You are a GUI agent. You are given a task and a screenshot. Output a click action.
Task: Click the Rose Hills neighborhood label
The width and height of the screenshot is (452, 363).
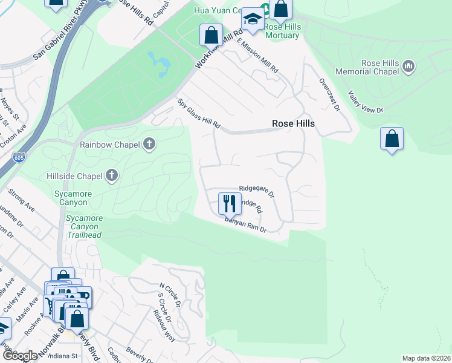tap(293, 123)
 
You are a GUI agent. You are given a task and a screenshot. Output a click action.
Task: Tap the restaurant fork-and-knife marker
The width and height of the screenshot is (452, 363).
tap(229, 203)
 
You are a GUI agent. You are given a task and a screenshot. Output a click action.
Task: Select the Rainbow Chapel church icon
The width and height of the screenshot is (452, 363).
tap(149, 144)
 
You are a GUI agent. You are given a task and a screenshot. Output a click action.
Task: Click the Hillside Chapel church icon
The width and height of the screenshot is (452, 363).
tap(111, 175)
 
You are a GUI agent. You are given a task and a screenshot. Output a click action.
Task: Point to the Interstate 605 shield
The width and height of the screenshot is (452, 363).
tap(18, 159)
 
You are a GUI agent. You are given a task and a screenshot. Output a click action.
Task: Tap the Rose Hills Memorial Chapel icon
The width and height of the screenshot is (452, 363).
tap(408, 65)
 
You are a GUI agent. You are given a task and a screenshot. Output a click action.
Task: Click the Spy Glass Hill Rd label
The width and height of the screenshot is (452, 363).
tap(199, 114)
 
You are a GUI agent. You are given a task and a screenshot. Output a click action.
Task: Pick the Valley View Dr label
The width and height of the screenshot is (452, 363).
tap(366, 102)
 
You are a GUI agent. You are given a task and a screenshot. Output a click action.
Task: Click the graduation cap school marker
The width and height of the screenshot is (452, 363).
tap(253, 21)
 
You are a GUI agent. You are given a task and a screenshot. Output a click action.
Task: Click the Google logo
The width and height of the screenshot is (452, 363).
tap(20, 356)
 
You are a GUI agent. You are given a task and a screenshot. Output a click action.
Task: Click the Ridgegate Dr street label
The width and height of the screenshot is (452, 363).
tap(256, 192)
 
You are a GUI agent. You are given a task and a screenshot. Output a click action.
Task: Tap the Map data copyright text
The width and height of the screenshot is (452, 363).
tap(426, 358)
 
